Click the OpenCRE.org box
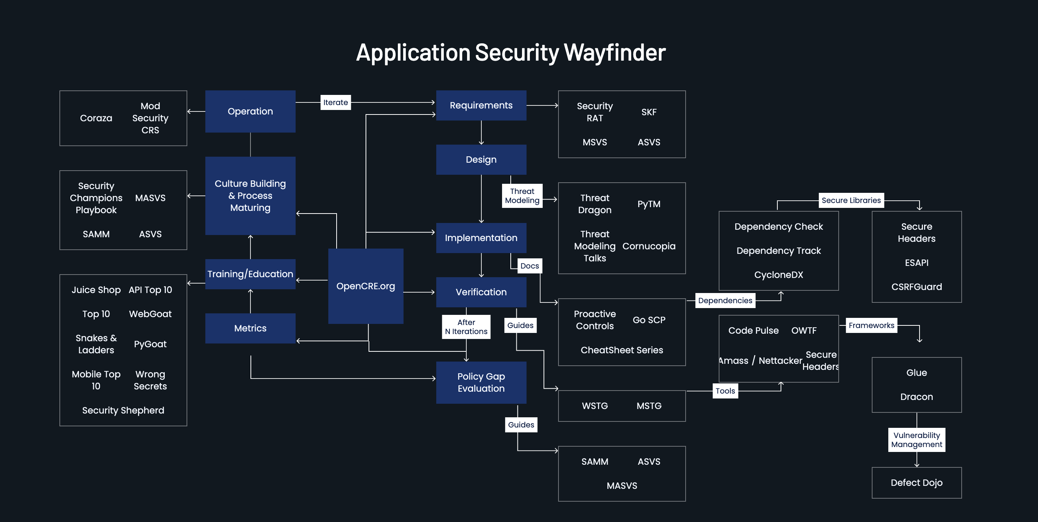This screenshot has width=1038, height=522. tap(366, 286)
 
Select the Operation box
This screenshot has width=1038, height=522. tap(250, 111)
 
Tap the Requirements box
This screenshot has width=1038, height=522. tap(481, 105)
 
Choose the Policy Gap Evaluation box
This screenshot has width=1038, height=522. tap(481, 382)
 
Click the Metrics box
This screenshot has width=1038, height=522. tap(250, 328)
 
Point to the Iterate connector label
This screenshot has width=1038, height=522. tap(335, 102)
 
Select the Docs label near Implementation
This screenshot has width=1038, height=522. tap(530, 266)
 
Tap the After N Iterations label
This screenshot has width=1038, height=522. tap(466, 327)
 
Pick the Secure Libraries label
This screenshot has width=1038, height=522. tap(851, 200)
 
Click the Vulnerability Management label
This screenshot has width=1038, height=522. tap(917, 440)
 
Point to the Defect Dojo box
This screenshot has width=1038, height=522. tap(917, 483)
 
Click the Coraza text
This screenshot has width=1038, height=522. tap(96, 118)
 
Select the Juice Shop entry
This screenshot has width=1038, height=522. tap(96, 290)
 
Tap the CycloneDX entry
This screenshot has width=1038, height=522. tap(778, 275)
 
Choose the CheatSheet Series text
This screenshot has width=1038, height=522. tap(622, 350)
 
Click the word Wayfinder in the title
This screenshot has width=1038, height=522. tap(615, 52)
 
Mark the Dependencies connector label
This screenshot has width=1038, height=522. tap(725, 301)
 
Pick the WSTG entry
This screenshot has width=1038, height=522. tap(595, 406)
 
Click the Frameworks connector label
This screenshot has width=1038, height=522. tap(871, 325)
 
